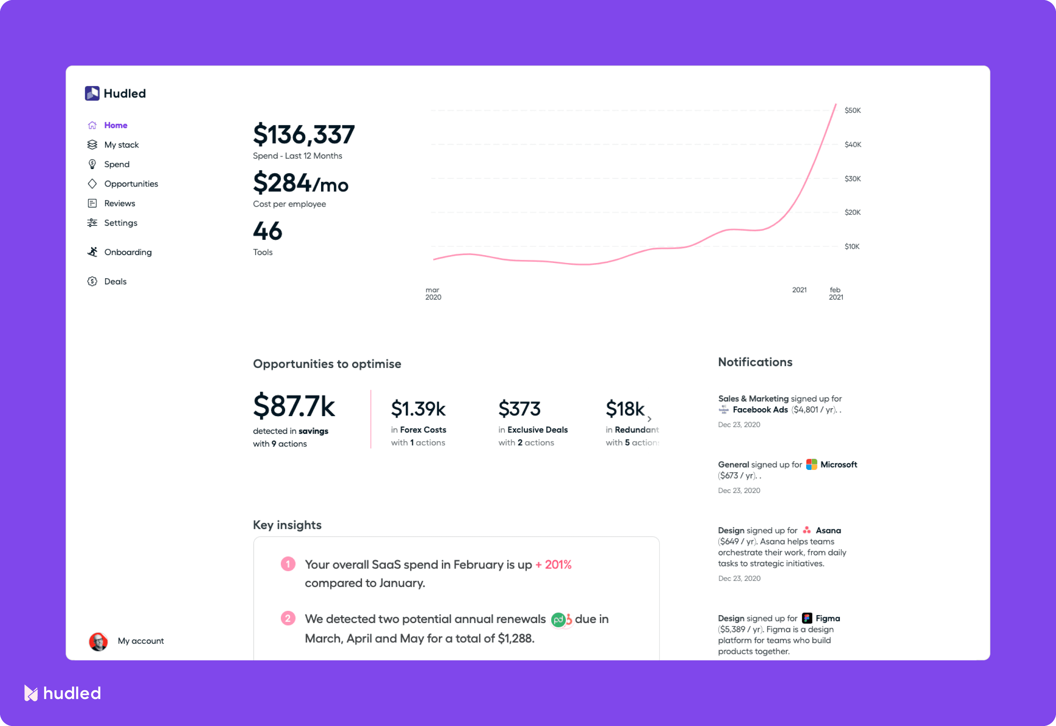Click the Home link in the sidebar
click(x=115, y=125)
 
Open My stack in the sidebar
click(x=121, y=145)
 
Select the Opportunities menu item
click(x=131, y=184)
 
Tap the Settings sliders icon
click(x=92, y=223)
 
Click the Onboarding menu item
click(x=127, y=252)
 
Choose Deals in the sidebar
click(x=115, y=281)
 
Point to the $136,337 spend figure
click(x=303, y=135)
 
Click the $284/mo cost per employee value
click(x=300, y=183)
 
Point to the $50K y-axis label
click(x=852, y=111)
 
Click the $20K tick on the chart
click(x=852, y=213)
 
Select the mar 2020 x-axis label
click(x=433, y=293)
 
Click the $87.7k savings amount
click(x=294, y=406)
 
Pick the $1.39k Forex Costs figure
click(x=418, y=409)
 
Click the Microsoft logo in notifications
click(x=811, y=464)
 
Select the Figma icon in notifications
click(x=807, y=618)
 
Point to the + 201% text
click(x=553, y=565)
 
